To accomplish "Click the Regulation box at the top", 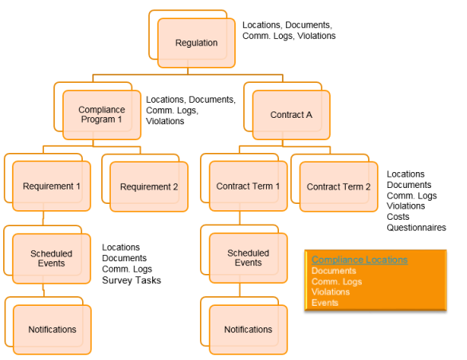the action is [x=196, y=43].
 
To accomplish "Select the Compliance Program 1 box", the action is [x=101, y=115].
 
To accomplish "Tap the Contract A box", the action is [x=292, y=115].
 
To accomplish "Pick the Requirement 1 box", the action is [x=52, y=186].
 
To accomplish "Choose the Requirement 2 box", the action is [x=149, y=186].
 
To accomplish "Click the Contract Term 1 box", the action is [x=248, y=186].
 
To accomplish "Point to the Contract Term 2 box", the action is [x=339, y=186].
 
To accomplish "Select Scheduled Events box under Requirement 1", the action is [x=51, y=259].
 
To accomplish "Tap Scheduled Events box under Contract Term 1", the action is [x=248, y=258].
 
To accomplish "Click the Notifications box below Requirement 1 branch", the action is [x=52, y=330].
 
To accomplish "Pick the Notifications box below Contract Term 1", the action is [x=248, y=330].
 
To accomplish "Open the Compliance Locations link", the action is [x=359, y=260].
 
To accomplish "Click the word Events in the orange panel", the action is [x=325, y=303].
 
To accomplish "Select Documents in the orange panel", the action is [x=334, y=271].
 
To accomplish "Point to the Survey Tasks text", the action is [x=131, y=280].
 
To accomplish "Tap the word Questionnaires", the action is [x=416, y=228].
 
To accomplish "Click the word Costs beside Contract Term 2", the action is [x=398, y=217].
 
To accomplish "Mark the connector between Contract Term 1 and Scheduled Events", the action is [x=240, y=222].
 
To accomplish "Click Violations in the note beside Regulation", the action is [x=316, y=36].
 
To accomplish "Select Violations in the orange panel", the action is [x=331, y=292].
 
